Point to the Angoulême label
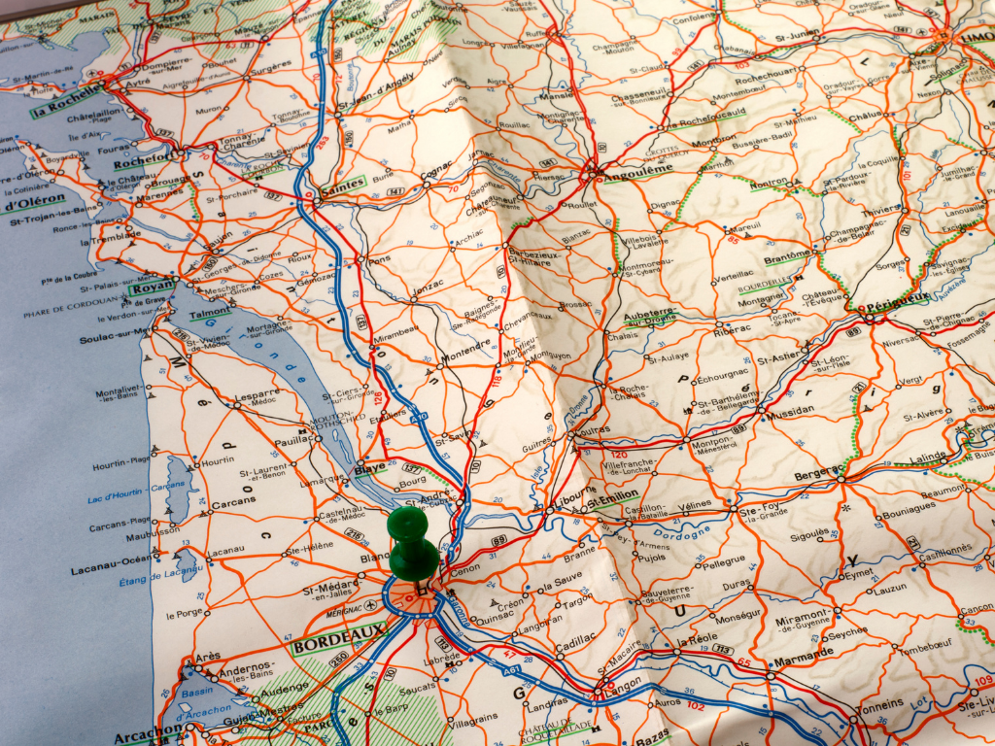tap(638, 169)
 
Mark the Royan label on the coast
tap(154, 287)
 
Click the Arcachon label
tap(146, 729)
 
